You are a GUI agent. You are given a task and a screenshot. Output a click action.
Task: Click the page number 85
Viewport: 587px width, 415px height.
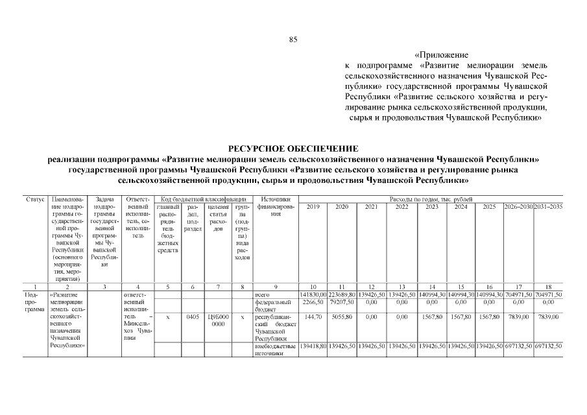[x=293, y=40]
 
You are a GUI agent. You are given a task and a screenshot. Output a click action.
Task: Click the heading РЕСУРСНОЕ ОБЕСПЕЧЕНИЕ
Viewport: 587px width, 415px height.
[x=293, y=149]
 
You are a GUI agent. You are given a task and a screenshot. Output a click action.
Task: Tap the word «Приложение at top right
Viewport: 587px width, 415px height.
[x=440, y=56]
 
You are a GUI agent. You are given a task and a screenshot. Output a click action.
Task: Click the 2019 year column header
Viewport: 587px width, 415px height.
[x=313, y=206]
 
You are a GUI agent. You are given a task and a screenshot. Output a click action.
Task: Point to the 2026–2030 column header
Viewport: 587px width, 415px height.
[x=518, y=206]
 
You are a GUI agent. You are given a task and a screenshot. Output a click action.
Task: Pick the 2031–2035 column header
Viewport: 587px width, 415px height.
[x=548, y=206]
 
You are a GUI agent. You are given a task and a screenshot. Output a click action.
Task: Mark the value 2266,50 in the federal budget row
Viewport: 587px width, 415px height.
[x=313, y=302]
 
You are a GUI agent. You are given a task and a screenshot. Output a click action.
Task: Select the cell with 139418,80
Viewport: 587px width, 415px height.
[x=313, y=346]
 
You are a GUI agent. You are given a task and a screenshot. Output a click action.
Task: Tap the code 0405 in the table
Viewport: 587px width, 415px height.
[x=192, y=317]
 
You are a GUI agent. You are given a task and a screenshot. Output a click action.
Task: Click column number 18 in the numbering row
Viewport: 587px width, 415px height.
[x=548, y=287]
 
